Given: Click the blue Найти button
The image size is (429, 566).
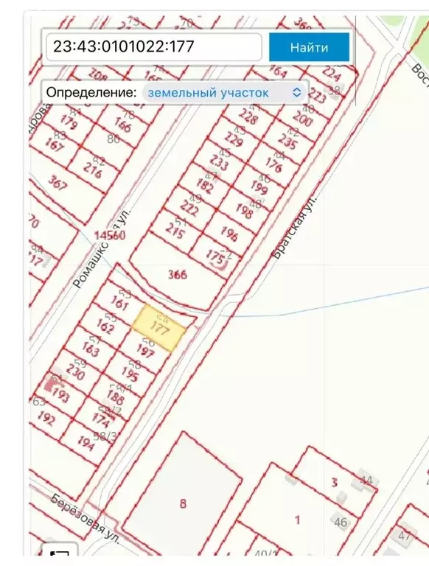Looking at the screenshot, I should pyautogui.click(x=308, y=48).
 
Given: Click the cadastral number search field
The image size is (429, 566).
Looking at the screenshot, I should pyautogui.click(x=153, y=47).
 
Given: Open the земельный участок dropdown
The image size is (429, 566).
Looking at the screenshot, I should pyautogui.click(x=225, y=92).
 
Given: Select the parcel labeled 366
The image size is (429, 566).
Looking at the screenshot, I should pyautogui.click(x=177, y=275).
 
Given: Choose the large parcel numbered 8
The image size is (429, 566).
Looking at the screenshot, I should pyautogui.click(x=182, y=504).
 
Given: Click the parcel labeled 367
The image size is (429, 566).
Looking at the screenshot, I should pyautogui.click(x=57, y=181).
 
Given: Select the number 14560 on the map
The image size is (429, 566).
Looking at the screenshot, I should pyautogui.click(x=109, y=236).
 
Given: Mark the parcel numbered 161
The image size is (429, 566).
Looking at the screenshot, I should pyautogui.click(x=120, y=302).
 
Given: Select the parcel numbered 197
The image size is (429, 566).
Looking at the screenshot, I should pyautogui.click(x=144, y=352).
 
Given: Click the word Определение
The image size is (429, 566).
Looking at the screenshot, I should pyautogui.click(x=91, y=92).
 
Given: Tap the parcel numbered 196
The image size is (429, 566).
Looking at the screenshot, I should pyautogui.click(x=229, y=235).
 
